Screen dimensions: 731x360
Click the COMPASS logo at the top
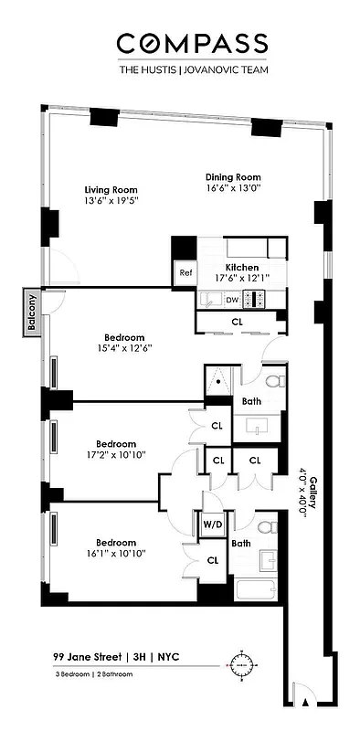click(192, 42)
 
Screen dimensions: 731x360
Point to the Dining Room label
click(235, 177)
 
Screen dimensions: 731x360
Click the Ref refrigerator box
click(185, 272)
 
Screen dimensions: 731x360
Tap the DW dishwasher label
click(232, 299)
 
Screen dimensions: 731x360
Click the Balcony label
click(31, 313)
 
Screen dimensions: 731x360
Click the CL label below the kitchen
click(237, 322)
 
